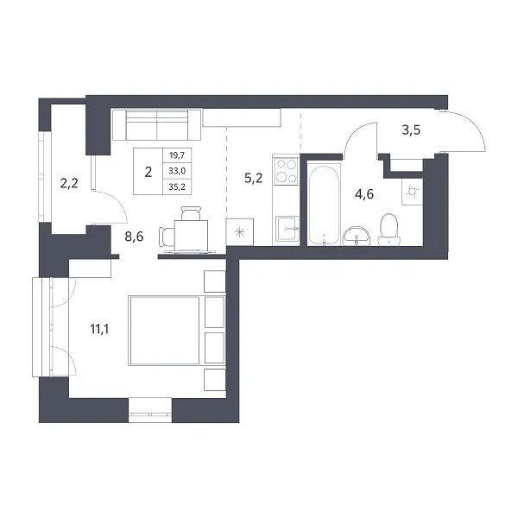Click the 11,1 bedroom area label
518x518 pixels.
99,329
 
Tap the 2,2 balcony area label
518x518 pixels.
69,183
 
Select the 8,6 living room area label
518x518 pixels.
134,237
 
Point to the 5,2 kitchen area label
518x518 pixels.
253,179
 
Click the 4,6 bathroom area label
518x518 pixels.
364,194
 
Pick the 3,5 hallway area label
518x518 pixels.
411,130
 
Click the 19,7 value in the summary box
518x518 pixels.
177,155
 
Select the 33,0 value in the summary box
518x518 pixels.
177,171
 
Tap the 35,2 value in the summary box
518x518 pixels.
177,187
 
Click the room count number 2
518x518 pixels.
148,172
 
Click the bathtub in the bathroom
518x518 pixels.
324,205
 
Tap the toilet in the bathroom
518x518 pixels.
388,230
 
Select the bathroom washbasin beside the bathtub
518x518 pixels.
357,236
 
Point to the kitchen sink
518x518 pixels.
287,228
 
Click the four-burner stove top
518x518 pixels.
287,170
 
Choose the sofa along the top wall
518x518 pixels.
156,125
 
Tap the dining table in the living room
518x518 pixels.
191,235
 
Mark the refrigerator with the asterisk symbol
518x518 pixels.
239,232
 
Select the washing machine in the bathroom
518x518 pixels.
413,192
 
